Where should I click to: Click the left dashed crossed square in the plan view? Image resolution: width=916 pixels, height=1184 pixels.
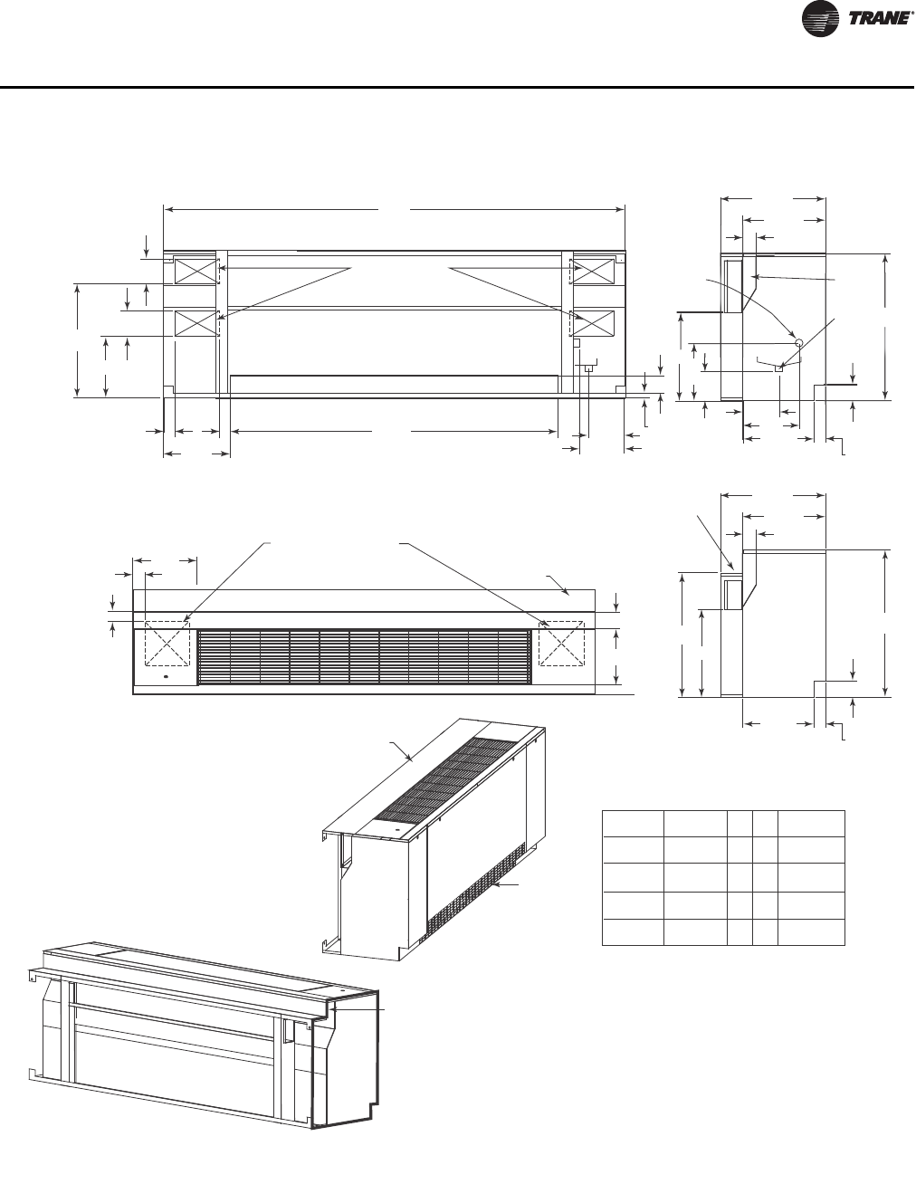tap(167, 644)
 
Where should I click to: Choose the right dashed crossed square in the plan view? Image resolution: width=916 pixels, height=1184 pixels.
tap(561, 644)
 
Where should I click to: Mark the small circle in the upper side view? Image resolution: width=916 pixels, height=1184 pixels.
tap(797, 343)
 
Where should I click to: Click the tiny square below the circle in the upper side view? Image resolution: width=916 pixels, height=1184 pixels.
tap(778, 368)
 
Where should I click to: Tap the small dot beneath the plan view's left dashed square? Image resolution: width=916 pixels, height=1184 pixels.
tap(165, 676)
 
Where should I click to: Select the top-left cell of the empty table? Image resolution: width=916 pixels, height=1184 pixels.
tap(633, 824)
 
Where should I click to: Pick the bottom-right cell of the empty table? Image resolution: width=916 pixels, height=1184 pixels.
tap(812, 933)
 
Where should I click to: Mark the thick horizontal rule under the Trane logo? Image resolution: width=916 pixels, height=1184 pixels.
tap(458, 88)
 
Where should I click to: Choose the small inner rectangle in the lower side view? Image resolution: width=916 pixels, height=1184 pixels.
tap(731, 594)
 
